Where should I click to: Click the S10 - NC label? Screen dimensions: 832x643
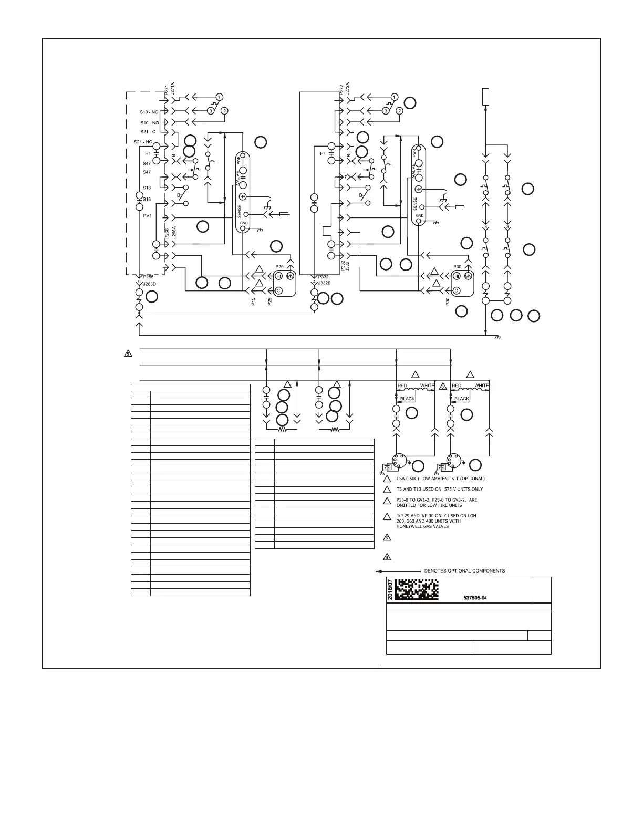149,112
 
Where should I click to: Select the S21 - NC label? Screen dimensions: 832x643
143,142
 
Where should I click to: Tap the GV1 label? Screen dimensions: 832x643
147,215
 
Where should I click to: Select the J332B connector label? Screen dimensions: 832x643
325,283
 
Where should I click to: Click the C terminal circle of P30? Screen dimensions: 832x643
457,290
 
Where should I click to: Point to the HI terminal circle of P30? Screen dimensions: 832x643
457,276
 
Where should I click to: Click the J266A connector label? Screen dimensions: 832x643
174,233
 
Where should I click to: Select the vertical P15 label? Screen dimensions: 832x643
253,301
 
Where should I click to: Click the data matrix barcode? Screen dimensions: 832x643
416,589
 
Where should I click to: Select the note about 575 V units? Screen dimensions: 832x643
439,489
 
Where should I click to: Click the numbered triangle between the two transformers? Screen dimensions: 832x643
443,386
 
